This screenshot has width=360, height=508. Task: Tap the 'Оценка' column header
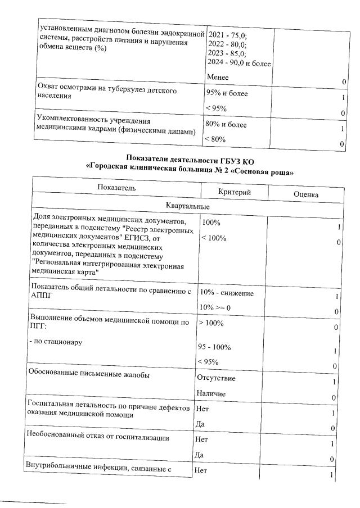[x=306, y=194]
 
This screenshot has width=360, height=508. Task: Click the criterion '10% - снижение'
[x=227, y=293]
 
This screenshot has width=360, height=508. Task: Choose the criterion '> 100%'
[x=211, y=323]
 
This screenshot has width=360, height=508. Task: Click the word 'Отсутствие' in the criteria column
[x=217, y=378]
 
